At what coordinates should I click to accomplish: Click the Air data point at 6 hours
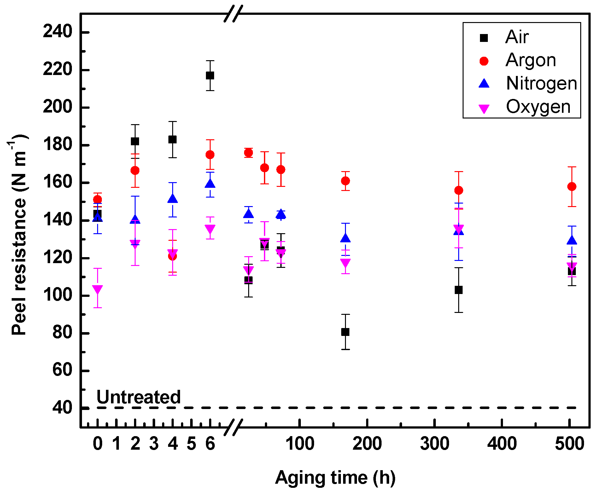click(210, 76)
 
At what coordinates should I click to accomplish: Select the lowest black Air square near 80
click(345, 332)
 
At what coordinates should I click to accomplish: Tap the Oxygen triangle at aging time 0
click(97, 289)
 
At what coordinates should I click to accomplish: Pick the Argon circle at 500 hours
click(572, 187)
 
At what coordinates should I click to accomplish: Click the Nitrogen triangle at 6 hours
click(210, 184)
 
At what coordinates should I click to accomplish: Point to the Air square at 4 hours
click(172, 139)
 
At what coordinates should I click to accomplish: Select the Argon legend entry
click(530, 60)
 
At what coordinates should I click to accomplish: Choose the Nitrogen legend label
click(541, 84)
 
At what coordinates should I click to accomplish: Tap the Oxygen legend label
click(538, 107)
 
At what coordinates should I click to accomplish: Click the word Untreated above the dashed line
click(138, 397)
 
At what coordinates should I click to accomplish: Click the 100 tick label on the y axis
click(57, 295)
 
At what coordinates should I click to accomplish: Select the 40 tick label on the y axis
click(62, 408)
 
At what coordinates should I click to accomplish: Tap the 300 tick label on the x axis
click(435, 444)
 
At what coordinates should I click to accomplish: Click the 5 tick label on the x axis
click(191, 444)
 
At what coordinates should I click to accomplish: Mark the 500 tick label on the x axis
click(570, 444)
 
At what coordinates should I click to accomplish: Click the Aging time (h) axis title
click(335, 477)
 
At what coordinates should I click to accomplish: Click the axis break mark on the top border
click(233, 14)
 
